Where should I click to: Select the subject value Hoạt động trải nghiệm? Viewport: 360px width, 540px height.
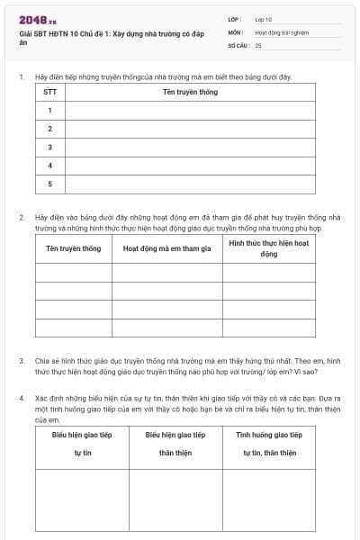pos(282,31)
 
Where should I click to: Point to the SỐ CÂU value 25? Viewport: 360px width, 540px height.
pos(258,44)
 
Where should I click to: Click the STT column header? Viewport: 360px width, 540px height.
pos(49,92)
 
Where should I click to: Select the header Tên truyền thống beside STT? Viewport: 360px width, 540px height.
pos(189,92)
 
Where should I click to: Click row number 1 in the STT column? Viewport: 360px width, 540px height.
pos(49,111)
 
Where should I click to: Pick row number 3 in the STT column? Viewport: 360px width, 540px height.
pos(49,147)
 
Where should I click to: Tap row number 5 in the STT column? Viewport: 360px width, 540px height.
pos(49,184)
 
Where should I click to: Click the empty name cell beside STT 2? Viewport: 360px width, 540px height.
pos(189,129)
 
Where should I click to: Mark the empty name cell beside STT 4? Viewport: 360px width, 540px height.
pos(189,166)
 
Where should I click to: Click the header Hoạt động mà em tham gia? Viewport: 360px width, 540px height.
pos(166,248)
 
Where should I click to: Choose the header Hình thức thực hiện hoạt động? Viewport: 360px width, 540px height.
pos(269,248)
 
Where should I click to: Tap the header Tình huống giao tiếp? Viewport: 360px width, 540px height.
pos(269,435)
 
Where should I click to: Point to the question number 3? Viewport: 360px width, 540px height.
pos(22,361)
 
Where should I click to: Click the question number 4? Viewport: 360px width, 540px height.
pos(22,397)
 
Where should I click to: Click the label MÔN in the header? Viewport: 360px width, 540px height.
pos(236,31)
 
